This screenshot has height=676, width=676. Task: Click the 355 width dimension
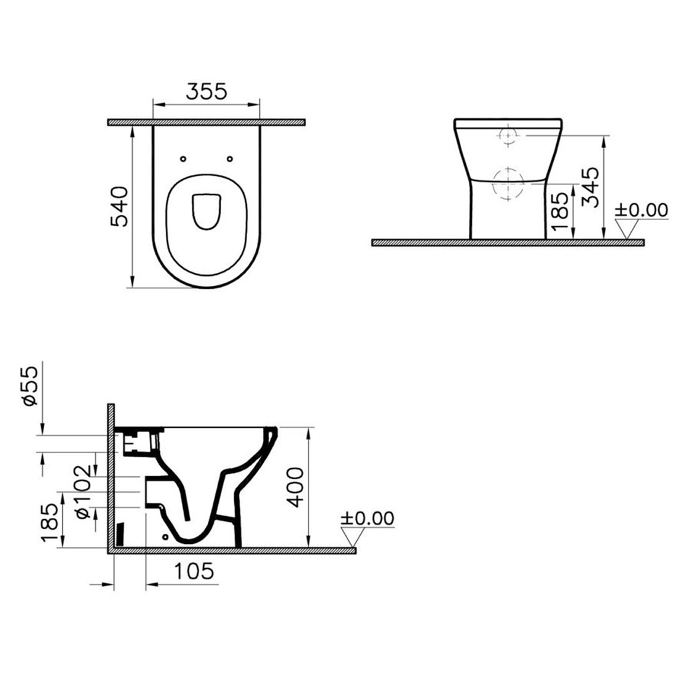pyautogui.click(x=206, y=92)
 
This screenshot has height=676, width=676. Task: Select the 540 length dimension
pyautogui.click(x=119, y=206)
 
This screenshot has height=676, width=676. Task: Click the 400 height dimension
pyautogui.click(x=296, y=487)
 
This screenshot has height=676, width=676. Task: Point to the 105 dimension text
pyautogui.click(x=194, y=572)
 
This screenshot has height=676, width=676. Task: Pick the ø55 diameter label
pyautogui.click(x=31, y=386)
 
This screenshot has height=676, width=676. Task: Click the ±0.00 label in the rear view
pyautogui.click(x=641, y=210)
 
